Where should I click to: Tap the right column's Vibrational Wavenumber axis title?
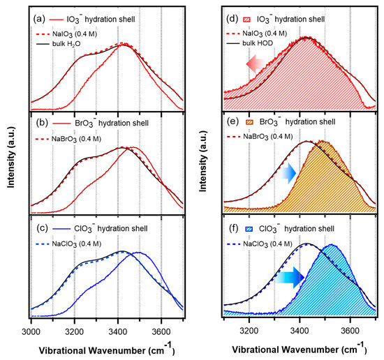(300, 346)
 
